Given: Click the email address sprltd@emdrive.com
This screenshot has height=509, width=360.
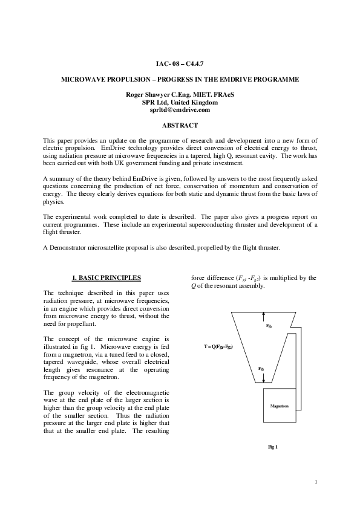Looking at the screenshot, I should point(180,110).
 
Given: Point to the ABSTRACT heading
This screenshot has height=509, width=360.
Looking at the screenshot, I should point(180,125).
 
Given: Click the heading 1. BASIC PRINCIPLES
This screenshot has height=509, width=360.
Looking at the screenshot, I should point(106,277).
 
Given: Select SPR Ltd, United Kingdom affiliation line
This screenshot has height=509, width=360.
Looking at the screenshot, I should point(180,103).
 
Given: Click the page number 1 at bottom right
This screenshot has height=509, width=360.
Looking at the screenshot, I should point(316,481).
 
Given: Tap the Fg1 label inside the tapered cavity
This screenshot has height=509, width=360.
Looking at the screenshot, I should point(269,326).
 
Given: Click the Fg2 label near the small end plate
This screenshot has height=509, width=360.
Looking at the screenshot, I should point(261,368).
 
